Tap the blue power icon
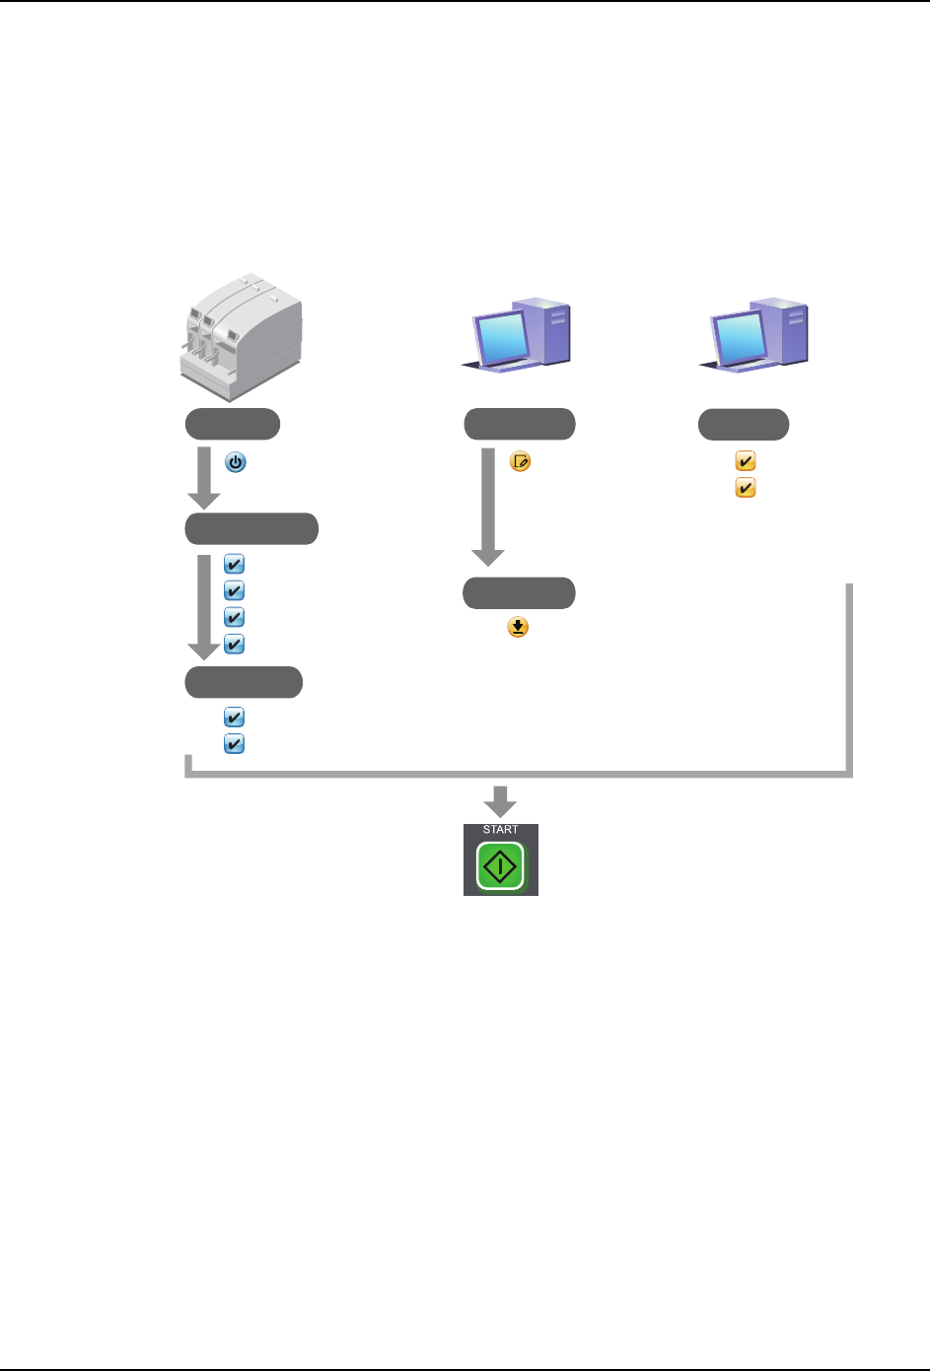pyautogui.click(x=236, y=461)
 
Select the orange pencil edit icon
pyautogui.click(x=520, y=461)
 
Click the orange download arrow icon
pyautogui.click(x=518, y=627)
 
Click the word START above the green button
pyautogui.click(x=500, y=830)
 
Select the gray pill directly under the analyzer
pyautogui.click(x=233, y=425)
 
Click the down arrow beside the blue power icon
pyautogui.click(x=204, y=477)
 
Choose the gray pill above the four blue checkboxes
pyautogui.click(x=251, y=529)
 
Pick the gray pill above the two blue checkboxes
pyautogui.click(x=244, y=682)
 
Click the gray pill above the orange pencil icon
pyautogui.click(x=520, y=425)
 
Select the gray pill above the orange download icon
pyautogui.click(x=520, y=593)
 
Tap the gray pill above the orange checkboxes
pyautogui.click(x=744, y=425)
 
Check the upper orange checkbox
pyautogui.click(x=746, y=461)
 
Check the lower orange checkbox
pyautogui.click(x=746, y=488)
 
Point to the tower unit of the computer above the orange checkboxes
pyautogui.click(x=786, y=331)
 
